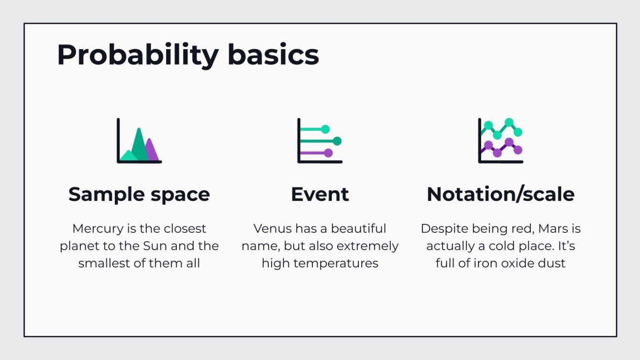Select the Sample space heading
pyautogui.click(x=139, y=195)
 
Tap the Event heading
pyautogui.click(x=320, y=195)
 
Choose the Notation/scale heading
pyautogui.click(x=501, y=195)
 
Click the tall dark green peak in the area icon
pyautogui.click(x=139, y=141)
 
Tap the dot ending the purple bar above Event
pyautogui.click(x=328, y=153)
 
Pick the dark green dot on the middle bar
pyautogui.click(x=337, y=141)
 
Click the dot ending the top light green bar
pyautogui.click(x=326, y=129)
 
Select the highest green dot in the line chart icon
pyautogui.click(x=509, y=122)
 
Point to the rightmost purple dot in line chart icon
pyautogui.click(x=518, y=150)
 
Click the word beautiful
pyautogui.click(x=358, y=229)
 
